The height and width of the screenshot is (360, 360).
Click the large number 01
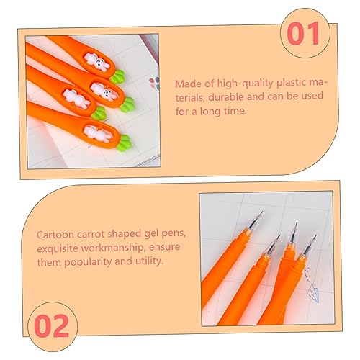[x=303, y=33]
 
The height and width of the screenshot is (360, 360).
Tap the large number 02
[x=51, y=326]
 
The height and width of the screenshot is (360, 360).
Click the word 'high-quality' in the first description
[x=246, y=84]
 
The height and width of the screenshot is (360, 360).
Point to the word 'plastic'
[x=292, y=84]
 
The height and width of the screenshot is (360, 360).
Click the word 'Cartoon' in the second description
[x=55, y=235]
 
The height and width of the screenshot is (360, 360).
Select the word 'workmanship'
[x=113, y=248]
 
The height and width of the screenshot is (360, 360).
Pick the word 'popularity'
[x=88, y=262]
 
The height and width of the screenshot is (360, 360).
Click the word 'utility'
[x=149, y=261]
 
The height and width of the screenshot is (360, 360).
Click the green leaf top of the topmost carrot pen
[x=117, y=76]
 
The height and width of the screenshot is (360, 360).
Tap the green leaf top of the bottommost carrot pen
[x=125, y=143]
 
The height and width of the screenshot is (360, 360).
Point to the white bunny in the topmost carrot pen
[x=96, y=62]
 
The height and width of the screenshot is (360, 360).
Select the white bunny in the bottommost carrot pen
[x=97, y=133]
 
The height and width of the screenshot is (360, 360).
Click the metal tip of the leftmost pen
[x=256, y=220]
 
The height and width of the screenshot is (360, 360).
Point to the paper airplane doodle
[x=312, y=292]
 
